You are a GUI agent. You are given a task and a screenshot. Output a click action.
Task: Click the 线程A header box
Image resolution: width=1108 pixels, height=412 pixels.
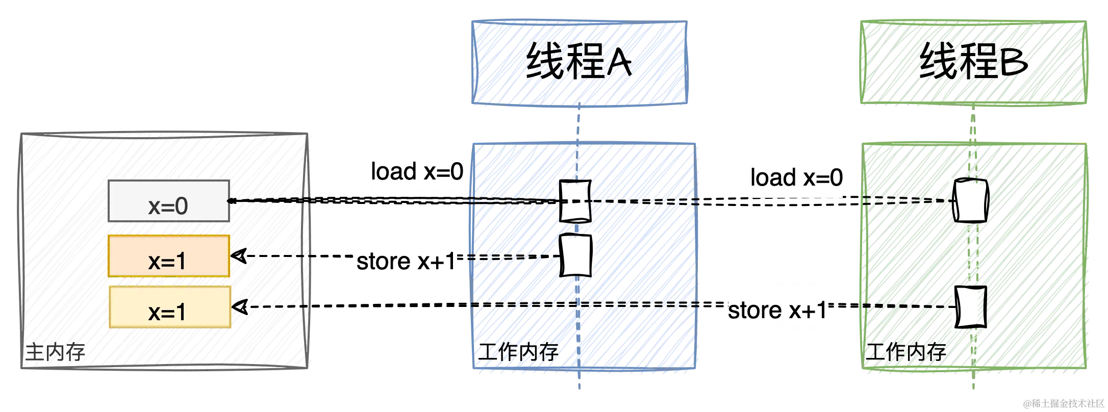pos(579,63)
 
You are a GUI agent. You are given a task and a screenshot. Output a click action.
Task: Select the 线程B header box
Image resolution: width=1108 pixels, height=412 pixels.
pos(973,63)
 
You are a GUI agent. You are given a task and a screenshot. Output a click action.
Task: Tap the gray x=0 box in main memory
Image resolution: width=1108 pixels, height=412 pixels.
pos(168,201)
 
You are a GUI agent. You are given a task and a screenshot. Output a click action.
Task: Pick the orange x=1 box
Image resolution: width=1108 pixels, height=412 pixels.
pos(168,256)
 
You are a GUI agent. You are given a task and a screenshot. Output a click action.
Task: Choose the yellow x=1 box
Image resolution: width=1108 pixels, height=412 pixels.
pos(169,307)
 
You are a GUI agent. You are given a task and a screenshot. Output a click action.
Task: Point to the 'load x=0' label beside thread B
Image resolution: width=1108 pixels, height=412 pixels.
pos(797,176)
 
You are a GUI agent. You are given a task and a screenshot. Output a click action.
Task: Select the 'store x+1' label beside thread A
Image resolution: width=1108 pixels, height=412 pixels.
pos(406,261)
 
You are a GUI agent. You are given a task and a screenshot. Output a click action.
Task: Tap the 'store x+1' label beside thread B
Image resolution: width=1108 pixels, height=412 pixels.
pos(777,310)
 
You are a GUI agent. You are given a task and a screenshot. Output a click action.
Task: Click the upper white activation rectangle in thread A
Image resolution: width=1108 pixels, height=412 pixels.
pos(575,201)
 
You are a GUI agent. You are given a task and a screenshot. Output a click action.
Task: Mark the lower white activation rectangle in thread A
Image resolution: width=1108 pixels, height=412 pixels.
pos(576,254)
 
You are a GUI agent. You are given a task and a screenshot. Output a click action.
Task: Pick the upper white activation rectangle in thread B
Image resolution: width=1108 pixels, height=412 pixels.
pos(970,199)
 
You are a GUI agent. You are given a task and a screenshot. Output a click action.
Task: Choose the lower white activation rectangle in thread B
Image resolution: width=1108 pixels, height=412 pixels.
pos(970,307)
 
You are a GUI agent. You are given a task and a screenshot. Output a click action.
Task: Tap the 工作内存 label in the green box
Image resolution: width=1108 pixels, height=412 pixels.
pos(904,352)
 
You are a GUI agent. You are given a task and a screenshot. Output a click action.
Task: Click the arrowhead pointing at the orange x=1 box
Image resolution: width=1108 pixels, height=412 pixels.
pos(240,255)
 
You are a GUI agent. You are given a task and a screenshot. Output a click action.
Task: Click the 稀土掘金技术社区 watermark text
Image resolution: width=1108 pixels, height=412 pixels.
pos(1063,403)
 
